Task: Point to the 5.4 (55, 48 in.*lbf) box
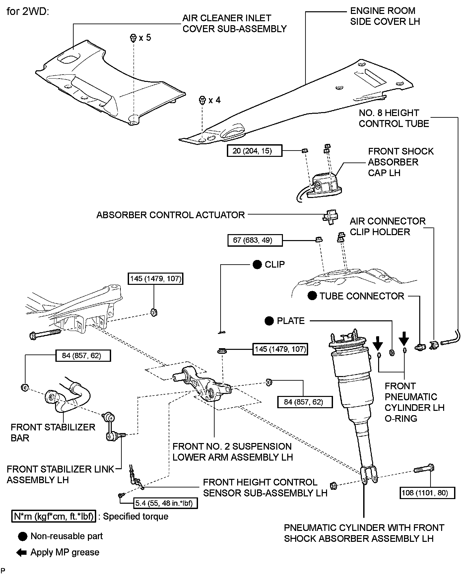tap(166, 503)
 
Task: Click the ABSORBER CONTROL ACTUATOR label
tap(170, 215)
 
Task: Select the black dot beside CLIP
tap(257, 264)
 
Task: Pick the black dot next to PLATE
tap(269, 321)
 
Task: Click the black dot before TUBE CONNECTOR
tap(312, 296)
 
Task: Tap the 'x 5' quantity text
tap(145, 38)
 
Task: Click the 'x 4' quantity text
tap(214, 100)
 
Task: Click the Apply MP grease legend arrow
tap(22, 552)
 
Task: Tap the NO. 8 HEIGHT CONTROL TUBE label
tap(394, 118)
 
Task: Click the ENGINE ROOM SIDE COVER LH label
tap(385, 16)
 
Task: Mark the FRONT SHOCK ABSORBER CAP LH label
tap(400, 162)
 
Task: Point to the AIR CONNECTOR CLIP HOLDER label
tap(387, 226)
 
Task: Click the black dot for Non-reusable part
tap(23, 536)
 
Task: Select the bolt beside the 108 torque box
tap(424, 469)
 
